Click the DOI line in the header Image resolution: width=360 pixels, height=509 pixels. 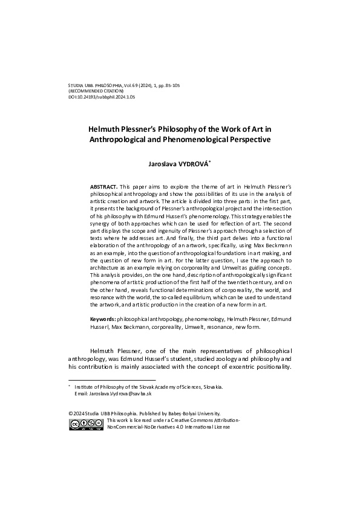click(x=102, y=96)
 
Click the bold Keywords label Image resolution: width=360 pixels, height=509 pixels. click(x=103, y=318)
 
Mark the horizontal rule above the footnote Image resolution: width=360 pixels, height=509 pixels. click(x=103, y=381)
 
